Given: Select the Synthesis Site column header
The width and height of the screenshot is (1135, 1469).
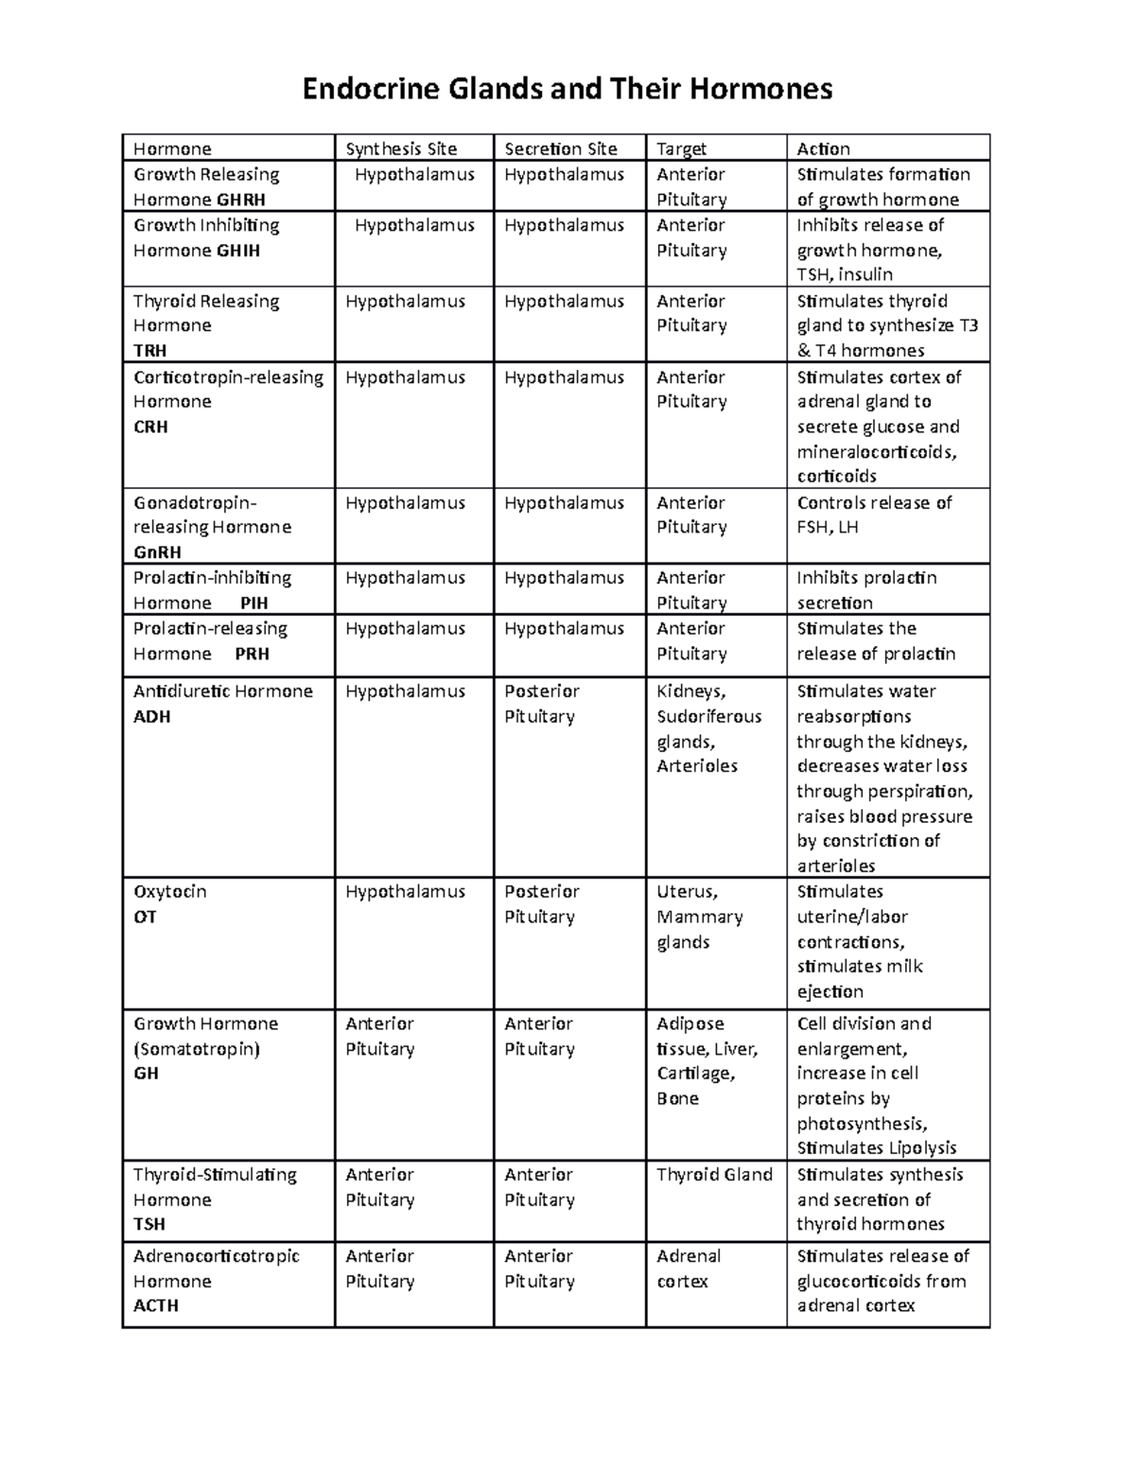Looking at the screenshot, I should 401,149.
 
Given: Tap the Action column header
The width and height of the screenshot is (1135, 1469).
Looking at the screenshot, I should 823,149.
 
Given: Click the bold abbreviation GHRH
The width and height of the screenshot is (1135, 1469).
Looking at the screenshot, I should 240,200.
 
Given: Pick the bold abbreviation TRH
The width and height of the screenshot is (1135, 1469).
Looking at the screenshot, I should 149,350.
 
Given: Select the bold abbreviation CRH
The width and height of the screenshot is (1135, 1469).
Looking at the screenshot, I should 150,427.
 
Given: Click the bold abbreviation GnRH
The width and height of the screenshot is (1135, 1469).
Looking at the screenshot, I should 157,552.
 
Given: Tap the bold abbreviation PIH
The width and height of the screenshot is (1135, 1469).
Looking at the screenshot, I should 254,603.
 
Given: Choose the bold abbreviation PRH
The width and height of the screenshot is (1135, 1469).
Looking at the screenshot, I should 252,654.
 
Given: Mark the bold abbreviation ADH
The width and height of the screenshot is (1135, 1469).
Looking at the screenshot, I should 151,716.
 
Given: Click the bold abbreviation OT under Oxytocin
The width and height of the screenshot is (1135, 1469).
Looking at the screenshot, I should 145,917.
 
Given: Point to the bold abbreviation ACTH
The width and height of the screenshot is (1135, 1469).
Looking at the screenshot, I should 156,1305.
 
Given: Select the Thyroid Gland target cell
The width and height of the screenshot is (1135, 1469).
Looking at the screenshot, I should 714,1175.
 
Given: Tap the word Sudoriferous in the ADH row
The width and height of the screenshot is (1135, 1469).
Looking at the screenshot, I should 708,716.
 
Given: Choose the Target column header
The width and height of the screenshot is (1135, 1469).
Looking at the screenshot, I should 681,149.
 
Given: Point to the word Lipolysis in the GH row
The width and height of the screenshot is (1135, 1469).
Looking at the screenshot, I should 923,1148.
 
